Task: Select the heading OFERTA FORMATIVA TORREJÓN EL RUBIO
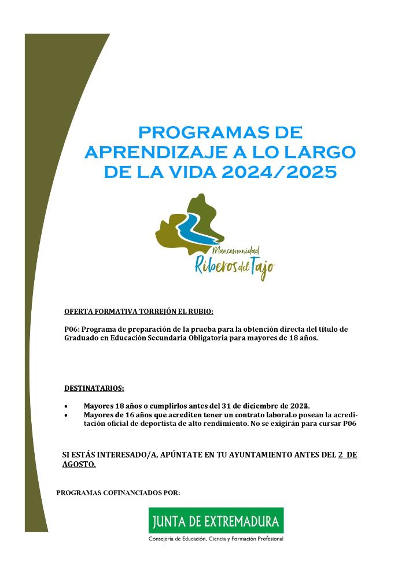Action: click(x=139, y=312)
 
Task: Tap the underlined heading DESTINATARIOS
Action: click(x=94, y=388)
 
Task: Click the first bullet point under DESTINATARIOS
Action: click(x=68, y=406)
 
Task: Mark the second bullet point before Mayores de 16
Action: click(x=68, y=416)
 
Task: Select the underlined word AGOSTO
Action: click(x=79, y=464)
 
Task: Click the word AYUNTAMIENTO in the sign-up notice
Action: click(x=261, y=455)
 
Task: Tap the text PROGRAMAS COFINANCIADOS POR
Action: click(x=119, y=493)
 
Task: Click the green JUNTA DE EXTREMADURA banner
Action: click(x=216, y=521)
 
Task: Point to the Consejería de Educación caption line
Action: click(x=216, y=539)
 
